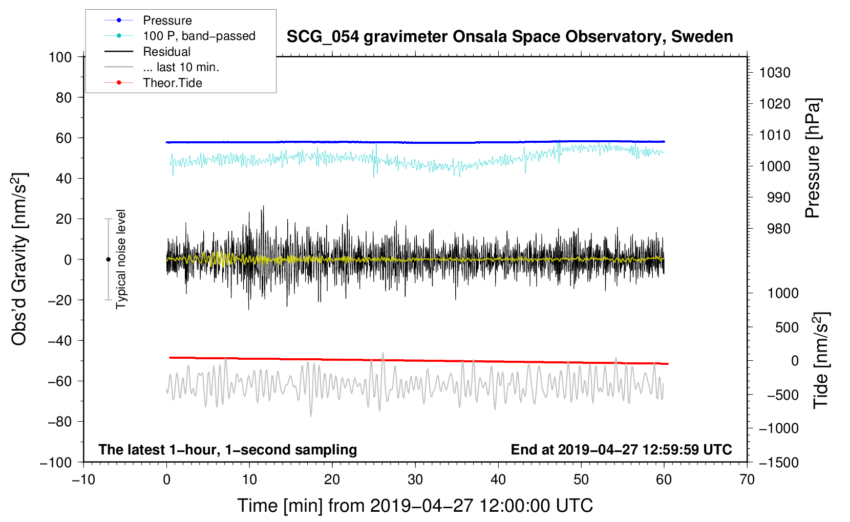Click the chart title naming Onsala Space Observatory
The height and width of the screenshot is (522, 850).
[509, 37]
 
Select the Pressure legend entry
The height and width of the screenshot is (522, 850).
[167, 20]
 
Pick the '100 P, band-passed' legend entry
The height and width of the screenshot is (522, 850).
[199, 36]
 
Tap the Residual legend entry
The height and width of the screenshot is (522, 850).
[166, 52]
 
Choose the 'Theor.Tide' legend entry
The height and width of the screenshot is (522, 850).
[172, 83]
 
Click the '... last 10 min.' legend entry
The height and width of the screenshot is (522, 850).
[181, 67]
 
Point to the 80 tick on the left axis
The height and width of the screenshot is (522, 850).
[63, 97]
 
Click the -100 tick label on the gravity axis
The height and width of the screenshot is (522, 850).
[56, 462]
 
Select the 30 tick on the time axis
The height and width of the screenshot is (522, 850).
[415, 480]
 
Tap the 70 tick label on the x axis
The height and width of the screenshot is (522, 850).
[747, 480]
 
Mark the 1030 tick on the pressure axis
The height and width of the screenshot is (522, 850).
[774, 73]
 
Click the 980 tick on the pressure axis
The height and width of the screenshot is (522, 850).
[778, 229]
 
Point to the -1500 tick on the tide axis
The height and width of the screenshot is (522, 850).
[778, 462]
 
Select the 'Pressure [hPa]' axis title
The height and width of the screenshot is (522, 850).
[813, 158]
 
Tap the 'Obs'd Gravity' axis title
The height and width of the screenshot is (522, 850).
[19, 259]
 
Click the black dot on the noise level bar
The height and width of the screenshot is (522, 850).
[108, 259]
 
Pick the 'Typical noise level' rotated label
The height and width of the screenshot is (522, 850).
[121, 259]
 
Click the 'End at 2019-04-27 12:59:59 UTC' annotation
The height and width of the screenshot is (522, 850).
[621, 449]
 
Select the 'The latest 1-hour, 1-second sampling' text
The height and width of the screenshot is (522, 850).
[227, 449]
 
